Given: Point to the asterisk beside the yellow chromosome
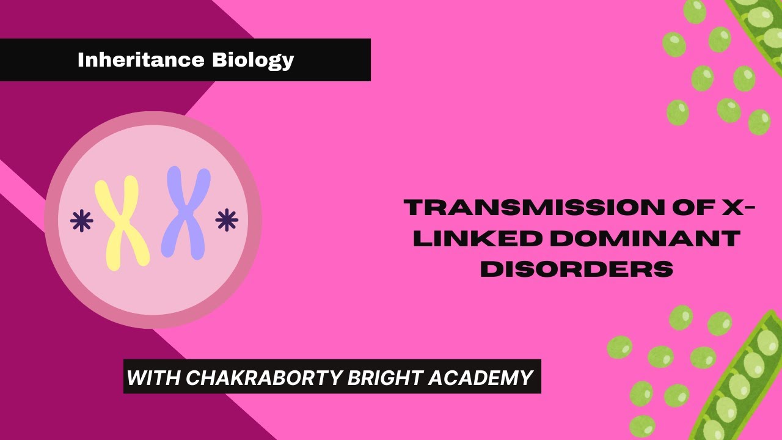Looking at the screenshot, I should coord(81,221).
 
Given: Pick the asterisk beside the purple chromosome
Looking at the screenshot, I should coord(227,220).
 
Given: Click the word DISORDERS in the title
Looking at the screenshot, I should coord(577,269).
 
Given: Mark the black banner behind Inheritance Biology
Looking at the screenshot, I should coord(342,60).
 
